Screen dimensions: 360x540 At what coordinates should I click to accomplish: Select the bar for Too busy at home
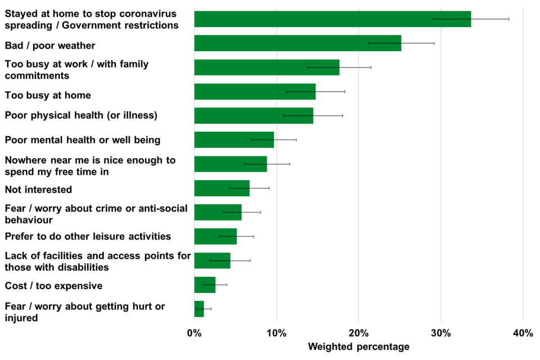tap(254, 91)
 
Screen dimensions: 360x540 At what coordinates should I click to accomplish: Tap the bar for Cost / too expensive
tap(205, 285)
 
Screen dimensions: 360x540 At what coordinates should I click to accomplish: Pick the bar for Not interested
tap(222, 188)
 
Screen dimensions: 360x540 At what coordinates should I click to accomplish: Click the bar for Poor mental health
tap(234, 139)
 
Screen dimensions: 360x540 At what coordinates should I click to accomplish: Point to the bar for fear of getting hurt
tap(199, 309)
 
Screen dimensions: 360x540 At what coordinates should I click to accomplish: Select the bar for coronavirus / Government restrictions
tap(332, 19)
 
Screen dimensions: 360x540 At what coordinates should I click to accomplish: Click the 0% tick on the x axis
tap(194, 334)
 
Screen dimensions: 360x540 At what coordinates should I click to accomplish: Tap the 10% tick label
tap(276, 334)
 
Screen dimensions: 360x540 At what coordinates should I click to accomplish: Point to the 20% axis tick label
tap(358, 334)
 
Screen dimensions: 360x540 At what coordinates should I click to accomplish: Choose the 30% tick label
tap(440, 334)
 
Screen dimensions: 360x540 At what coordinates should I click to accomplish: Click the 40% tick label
tap(523, 334)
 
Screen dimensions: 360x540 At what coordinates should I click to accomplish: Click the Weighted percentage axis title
tap(358, 347)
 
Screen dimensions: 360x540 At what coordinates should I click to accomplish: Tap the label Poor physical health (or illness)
tap(81, 115)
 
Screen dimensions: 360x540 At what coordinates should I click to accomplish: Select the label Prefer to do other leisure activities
tap(88, 236)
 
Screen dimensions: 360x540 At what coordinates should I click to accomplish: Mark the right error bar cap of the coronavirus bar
tap(508, 19)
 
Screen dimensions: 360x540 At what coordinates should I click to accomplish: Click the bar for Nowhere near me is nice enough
tap(231, 164)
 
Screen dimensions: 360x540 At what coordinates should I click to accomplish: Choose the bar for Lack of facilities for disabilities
tap(212, 260)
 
